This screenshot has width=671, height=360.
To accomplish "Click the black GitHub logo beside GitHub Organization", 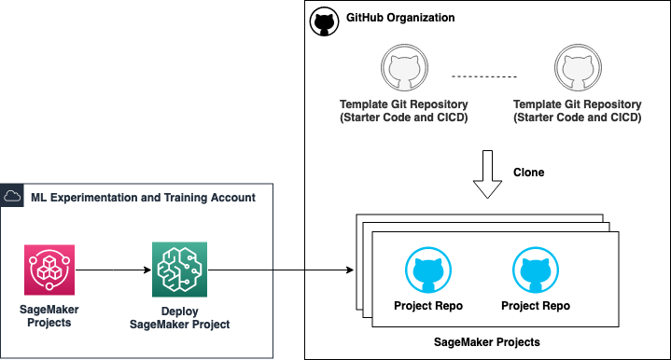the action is click(324, 21).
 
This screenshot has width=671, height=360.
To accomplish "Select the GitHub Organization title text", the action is click(400, 18).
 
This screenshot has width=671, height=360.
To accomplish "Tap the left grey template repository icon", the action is click(404, 67).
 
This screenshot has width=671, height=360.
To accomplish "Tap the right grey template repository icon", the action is click(578, 67).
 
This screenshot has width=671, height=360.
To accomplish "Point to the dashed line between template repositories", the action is click(484, 76).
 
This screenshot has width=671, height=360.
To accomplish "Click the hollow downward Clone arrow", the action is click(487, 174).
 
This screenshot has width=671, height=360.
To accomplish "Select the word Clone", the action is click(528, 173).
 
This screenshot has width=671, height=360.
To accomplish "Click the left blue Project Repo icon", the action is click(428, 270).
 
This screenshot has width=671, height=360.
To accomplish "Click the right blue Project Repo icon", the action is click(536, 270).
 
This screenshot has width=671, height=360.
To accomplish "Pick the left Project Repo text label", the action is click(428, 306).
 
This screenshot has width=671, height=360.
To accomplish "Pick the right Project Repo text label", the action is click(536, 306).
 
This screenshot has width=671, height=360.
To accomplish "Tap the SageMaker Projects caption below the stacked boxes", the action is click(487, 342).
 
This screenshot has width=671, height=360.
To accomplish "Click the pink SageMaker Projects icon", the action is click(49, 270).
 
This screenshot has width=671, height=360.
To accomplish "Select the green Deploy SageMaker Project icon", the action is click(180, 270).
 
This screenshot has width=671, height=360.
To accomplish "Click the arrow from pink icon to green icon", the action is click(114, 270).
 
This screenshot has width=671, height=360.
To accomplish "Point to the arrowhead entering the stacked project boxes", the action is click(350, 270).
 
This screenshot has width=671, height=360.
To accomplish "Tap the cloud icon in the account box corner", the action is click(12, 196).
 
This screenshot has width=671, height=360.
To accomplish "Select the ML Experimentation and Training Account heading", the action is click(143, 198).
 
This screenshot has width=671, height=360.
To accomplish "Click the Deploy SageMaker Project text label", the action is click(180, 318).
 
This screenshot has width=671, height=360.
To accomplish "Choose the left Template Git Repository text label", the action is click(403, 111).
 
